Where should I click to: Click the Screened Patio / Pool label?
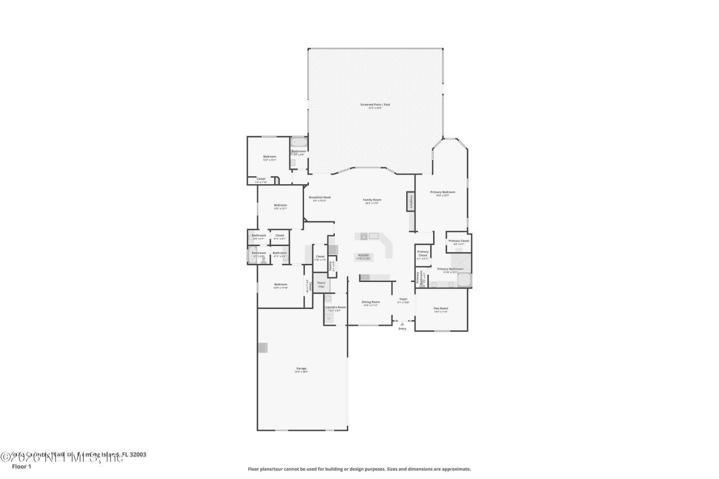375,104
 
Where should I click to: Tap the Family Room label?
372,200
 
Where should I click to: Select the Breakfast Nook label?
320,198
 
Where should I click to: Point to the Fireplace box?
411,201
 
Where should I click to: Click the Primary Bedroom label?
443,192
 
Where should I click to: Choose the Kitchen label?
364,255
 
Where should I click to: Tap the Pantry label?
331,264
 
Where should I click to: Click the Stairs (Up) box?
321,284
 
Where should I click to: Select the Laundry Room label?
335,307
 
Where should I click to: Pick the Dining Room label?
371,302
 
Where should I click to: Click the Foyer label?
403,299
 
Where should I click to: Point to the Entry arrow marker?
402,324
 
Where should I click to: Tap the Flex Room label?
440,308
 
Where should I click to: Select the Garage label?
302,368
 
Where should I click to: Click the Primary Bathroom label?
450,269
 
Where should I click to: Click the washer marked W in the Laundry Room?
329,318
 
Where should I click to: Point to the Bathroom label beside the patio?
299,151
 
